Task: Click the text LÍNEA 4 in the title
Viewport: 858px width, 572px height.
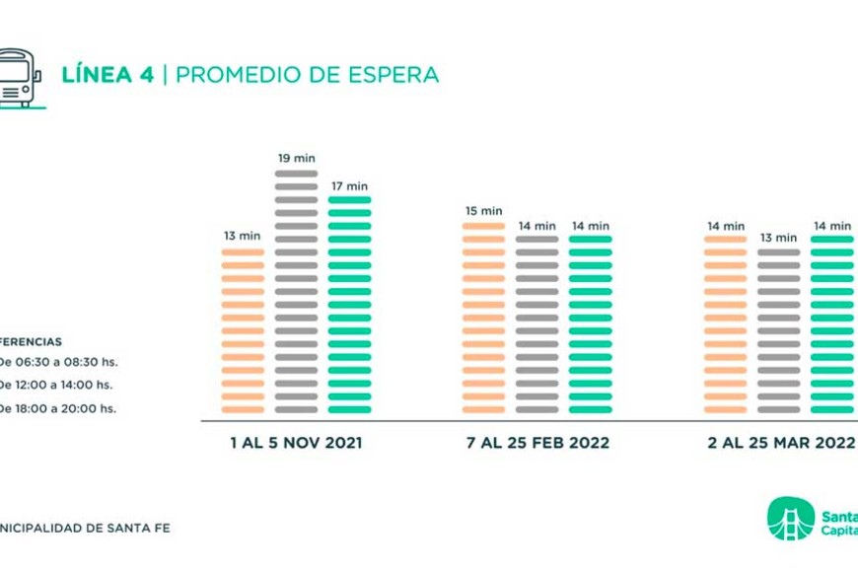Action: tap(107, 75)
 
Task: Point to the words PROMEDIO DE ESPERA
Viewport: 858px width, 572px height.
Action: tap(307, 75)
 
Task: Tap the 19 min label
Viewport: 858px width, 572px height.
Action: tap(296, 158)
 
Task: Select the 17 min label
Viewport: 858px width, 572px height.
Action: tap(349, 185)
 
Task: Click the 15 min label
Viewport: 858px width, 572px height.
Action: tap(483, 211)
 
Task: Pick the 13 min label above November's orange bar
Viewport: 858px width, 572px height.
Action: tap(243, 236)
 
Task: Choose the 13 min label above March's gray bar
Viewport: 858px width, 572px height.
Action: tap(779, 238)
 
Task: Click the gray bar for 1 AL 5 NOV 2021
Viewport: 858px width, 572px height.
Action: tap(296, 292)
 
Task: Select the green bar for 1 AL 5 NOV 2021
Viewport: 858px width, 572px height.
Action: tap(349, 305)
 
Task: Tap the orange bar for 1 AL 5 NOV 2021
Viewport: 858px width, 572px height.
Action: tap(243, 330)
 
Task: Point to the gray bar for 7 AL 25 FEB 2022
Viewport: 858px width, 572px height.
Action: tap(536, 324)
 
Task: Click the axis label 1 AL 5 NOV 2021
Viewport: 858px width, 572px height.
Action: tap(296, 443)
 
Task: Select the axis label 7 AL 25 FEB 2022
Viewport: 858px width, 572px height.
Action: tap(537, 443)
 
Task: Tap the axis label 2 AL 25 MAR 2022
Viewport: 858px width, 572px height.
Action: tap(781, 443)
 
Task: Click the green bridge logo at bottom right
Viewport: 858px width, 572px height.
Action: tap(790, 519)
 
